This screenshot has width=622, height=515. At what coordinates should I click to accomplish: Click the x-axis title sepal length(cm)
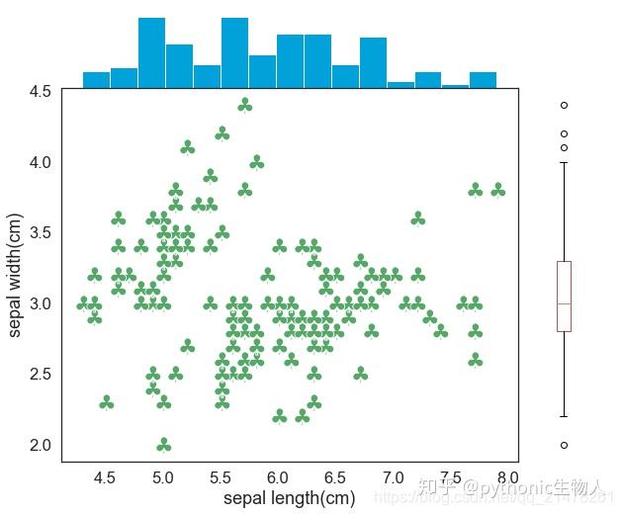[x=289, y=498]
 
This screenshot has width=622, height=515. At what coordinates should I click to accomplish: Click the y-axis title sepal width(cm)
[x=17, y=275]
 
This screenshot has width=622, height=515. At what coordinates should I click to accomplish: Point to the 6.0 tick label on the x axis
[x=278, y=477]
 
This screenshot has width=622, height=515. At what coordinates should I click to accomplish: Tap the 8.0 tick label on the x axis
[x=508, y=477]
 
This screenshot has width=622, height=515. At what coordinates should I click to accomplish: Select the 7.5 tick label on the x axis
[x=451, y=477]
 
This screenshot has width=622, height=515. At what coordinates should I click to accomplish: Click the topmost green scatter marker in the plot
[x=244, y=105]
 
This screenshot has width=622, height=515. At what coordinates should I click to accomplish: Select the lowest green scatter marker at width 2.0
[x=164, y=445]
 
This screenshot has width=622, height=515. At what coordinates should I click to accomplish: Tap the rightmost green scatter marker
[x=497, y=190]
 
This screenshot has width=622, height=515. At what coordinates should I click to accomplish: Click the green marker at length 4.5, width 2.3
[x=106, y=402]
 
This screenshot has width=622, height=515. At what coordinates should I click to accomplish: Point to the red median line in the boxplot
[x=564, y=302]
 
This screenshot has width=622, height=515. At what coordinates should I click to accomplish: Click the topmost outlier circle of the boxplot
[x=564, y=105]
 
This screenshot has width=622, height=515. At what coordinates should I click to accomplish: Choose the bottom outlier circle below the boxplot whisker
[x=564, y=445]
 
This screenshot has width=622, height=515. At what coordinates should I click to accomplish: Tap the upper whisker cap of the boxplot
[x=564, y=162]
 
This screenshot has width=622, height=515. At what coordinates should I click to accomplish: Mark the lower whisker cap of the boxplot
[x=564, y=416]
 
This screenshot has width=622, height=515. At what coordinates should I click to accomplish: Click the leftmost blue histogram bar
[x=96, y=80]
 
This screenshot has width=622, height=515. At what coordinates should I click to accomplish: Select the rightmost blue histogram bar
[x=483, y=80]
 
